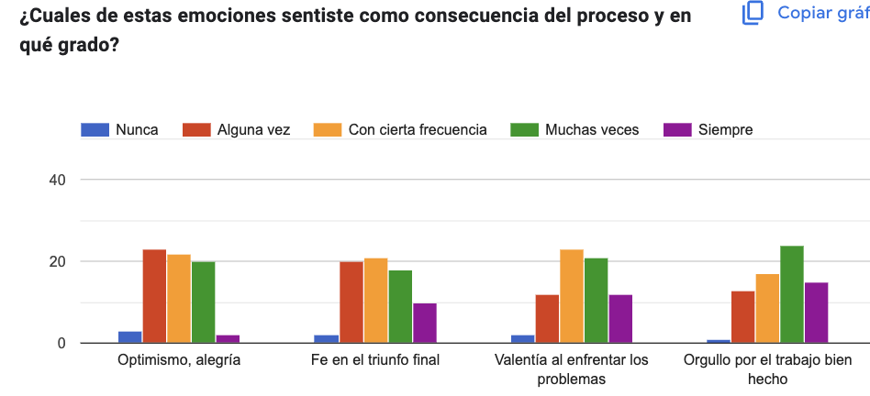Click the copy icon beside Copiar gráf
coord(753,13)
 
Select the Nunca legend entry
coord(120,130)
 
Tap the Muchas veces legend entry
coord(574,130)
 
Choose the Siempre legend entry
coord(708,130)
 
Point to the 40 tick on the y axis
coord(57,180)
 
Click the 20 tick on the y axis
coord(57,261)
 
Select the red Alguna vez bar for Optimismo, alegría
coord(154,296)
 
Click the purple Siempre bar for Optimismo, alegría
coord(228,339)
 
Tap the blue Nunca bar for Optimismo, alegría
coord(129,337)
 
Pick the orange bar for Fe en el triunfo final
coord(376,301)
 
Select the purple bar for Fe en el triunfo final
coord(425,323)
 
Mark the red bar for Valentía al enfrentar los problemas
coord(547,319)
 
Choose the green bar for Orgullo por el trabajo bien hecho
coord(792,294)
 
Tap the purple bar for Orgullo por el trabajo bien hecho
coord(816,313)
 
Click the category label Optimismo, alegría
coord(179,360)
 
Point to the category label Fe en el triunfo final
coord(375,360)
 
